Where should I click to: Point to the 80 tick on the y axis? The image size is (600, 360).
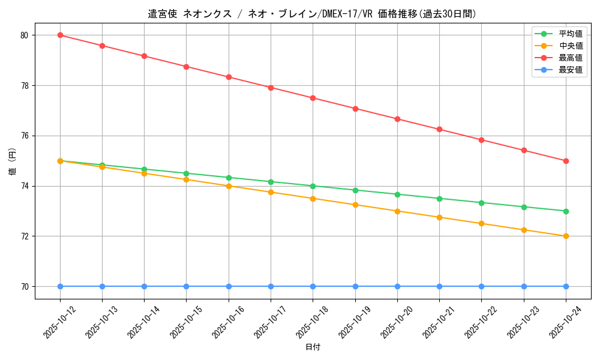pos(25,35)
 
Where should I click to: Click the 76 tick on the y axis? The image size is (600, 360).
pos(25,136)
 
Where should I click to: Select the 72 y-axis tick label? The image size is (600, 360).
pos(25,236)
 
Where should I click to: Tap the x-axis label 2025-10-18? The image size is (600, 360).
pos(313,323)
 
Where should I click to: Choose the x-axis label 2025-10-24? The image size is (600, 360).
pos(565,323)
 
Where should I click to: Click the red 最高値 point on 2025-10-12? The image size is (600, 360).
pos(60,35)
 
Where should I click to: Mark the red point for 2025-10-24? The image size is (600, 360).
pos(566,161)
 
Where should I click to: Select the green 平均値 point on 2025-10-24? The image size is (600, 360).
pos(566,211)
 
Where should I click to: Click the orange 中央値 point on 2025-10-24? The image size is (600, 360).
pos(566,236)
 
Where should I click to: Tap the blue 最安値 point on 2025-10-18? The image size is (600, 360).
pos(313,286)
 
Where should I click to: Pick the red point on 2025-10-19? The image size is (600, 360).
pos(355,109)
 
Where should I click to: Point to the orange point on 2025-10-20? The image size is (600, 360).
pos(397,211)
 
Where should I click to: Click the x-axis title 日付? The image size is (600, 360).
pos(313,347)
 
